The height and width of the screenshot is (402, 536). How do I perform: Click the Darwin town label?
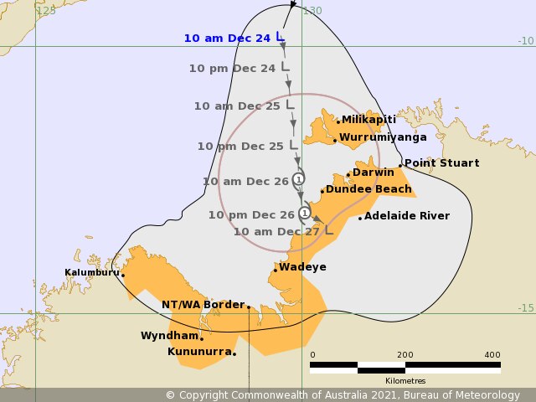[373, 173]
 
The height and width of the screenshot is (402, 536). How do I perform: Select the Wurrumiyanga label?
[383, 137]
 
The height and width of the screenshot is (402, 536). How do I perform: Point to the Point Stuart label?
[441, 163]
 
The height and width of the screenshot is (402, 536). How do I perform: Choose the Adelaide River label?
[407, 216]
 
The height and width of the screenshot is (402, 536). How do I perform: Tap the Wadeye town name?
[302, 267]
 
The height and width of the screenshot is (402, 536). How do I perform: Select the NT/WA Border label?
[203, 305]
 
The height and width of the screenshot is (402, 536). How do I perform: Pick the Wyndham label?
[169, 336]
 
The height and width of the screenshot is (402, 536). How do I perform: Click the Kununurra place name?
[199, 352]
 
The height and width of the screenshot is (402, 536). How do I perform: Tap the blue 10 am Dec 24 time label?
[228, 38]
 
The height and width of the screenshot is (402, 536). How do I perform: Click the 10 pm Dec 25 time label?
[240, 146]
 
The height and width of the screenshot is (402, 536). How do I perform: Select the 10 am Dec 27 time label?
[276, 232]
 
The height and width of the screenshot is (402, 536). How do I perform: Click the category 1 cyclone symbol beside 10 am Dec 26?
[299, 178]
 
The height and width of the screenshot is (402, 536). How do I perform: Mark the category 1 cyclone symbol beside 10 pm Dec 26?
[304, 213]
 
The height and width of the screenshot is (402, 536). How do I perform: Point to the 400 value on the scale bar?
[492, 355]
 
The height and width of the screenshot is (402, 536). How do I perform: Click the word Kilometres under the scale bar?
[405, 381]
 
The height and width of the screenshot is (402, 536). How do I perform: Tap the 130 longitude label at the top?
[312, 11]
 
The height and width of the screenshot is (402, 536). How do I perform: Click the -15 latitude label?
[525, 308]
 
